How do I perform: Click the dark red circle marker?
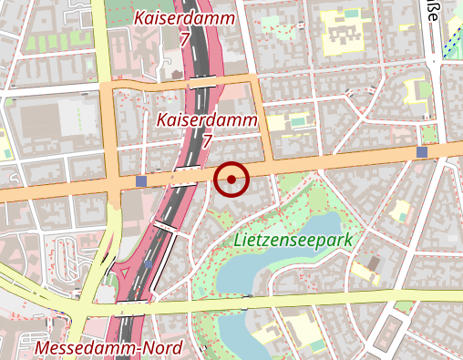tap(232, 179)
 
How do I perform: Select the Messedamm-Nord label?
tap(108, 348)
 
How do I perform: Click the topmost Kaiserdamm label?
tap(185, 18)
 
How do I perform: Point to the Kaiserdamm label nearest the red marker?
tap(207, 120)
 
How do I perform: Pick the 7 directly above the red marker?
tap(207, 141)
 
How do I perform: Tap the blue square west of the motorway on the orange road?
tap(140, 181)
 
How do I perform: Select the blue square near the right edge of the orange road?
tap(421, 151)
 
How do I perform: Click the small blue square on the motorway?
tap(149, 264)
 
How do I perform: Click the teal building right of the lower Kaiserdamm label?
tap(299, 120)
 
